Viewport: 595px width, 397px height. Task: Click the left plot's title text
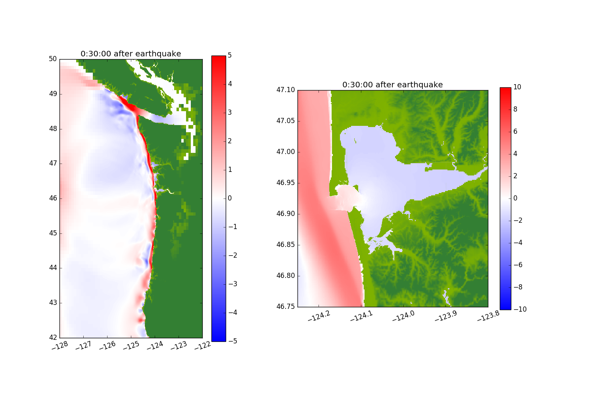131,54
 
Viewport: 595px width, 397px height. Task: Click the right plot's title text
392,85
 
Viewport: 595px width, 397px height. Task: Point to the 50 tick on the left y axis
53,59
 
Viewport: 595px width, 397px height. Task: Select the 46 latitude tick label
53,198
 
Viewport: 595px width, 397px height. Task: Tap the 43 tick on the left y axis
53,303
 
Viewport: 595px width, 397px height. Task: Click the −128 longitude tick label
60,346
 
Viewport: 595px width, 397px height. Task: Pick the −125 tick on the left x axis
131,346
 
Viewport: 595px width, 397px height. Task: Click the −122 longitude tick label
203,346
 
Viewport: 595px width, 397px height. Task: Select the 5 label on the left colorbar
230,56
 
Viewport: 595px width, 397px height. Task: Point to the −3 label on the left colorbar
232,284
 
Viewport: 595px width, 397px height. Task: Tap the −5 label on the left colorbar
232,341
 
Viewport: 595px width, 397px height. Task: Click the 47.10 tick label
286,90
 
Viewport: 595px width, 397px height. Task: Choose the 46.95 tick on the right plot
286,183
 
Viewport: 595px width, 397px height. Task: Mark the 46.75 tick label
286,306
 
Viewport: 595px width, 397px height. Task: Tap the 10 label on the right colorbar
517,87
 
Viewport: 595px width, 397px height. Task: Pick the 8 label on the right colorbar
515,110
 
